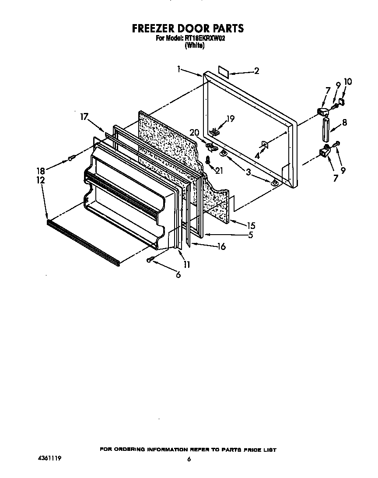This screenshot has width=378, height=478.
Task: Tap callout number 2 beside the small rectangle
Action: click(x=256, y=71)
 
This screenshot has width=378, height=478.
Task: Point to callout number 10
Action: click(x=348, y=82)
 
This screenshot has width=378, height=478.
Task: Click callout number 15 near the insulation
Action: click(x=251, y=226)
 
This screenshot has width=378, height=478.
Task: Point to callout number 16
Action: click(x=221, y=247)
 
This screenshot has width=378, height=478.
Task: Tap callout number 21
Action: click(x=219, y=170)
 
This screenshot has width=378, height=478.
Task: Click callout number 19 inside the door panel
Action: click(x=230, y=118)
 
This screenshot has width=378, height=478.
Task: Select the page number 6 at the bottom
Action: click(x=189, y=459)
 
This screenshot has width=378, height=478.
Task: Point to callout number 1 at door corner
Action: click(x=179, y=68)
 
